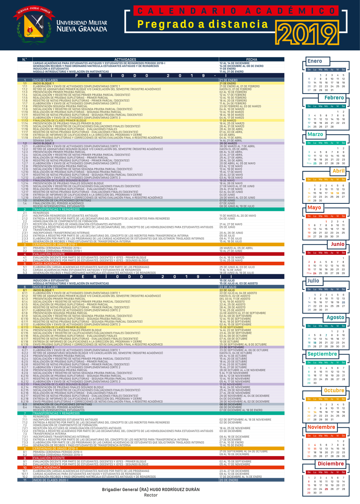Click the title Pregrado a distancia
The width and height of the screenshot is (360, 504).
[x=203, y=24]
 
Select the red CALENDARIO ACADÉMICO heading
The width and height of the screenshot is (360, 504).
[x=236, y=11]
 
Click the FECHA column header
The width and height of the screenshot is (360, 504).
[x=252, y=59]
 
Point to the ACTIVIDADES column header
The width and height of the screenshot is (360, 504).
[x=125, y=59]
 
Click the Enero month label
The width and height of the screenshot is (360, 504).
[x=315, y=61]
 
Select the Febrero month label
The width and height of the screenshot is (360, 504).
[x=334, y=98]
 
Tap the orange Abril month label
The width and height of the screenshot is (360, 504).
[x=338, y=171]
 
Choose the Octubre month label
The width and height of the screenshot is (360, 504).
[x=334, y=390]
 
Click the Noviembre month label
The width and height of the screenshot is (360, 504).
[x=321, y=427]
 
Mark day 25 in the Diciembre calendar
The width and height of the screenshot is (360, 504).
[x=326, y=489]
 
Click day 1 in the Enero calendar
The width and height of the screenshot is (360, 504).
[x=320, y=75]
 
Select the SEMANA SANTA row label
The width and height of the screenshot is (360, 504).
[x=43, y=140]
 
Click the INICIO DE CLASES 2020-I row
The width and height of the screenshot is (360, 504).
[x=50, y=480]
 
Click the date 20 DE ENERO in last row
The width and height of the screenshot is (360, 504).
[x=229, y=480]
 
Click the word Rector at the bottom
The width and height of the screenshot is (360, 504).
[x=151, y=495]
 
